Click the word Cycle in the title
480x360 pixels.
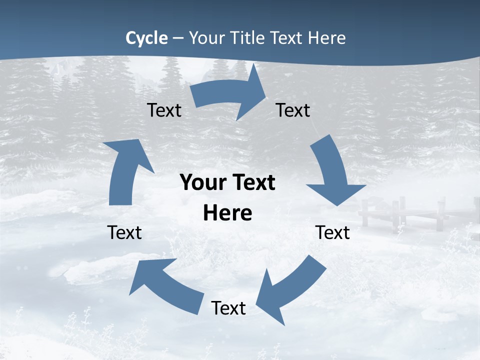pos(146,38)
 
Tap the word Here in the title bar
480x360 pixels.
pos(327,38)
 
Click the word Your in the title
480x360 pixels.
pos(207,38)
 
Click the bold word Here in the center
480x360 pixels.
pos(227,213)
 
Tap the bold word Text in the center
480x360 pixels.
pos(252,183)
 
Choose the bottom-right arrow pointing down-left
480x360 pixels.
pos(292,290)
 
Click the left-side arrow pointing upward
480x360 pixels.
pos(125,170)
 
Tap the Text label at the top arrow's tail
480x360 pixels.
pos(164,110)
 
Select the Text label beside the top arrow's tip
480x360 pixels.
pos(293,110)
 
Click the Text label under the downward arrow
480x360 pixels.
pos(332,232)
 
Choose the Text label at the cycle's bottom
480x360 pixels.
pos(228,308)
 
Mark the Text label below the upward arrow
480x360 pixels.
pos(124,232)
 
